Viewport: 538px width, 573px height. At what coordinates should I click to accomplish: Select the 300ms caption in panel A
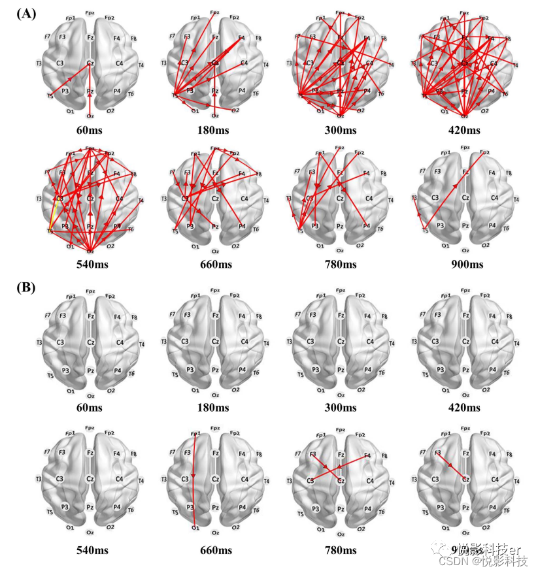click(x=341, y=131)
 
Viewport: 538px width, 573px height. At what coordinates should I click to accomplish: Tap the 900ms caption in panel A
click(x=465, y=264)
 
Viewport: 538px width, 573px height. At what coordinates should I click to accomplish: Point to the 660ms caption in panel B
click(x=214, y=550)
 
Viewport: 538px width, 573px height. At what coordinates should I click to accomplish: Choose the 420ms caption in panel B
click(x=465, y=408)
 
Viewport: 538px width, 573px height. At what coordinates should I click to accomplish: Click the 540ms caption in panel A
click(x=90, y=264)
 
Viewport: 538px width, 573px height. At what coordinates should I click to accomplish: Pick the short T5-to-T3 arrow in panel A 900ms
click(x=419, y=214)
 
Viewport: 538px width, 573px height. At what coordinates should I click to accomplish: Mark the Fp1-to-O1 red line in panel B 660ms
click(x=194, y=480)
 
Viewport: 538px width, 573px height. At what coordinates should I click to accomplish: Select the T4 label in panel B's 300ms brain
click(x=391, y=343)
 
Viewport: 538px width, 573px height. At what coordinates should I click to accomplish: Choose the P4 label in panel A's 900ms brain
click(x=492, y=226)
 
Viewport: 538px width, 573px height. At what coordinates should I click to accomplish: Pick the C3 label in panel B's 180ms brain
click(x=185, y=342)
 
